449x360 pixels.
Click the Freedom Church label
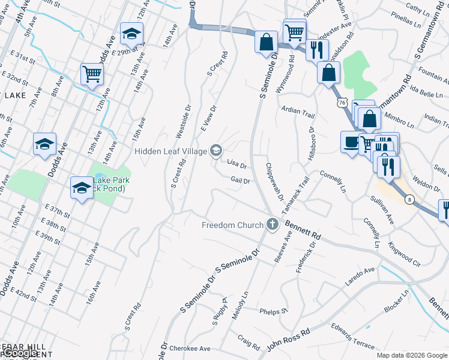click(x=233, y=225)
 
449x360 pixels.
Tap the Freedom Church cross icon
click(x=273, y=225)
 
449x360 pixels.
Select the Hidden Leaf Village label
click(x=170, y=151)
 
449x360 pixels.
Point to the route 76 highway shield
click(x=342, y=103)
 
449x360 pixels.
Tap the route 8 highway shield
click(x=408, y=199)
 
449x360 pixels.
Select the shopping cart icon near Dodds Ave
click(x=92, y=74)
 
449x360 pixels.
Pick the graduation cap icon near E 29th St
click(x=131, y=34)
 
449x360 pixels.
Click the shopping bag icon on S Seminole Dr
click(x=265, y=43)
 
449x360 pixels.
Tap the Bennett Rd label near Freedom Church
click(x=303, y=229)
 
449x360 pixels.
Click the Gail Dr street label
click(x=240, y=180)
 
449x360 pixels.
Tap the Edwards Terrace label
click(x=352, y=335)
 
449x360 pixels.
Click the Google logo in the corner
click(x=435, y=355)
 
